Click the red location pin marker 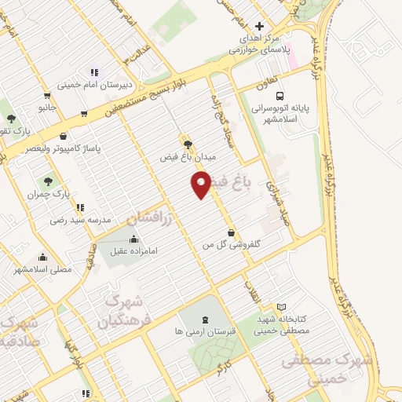pyautogui.click(x=202, y=185)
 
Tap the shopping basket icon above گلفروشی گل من pyautogui.click(x=230, y=232)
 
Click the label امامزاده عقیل pyautogui.click(x=134, y=252)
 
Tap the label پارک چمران pyautogui.click(x=56, y=193)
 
